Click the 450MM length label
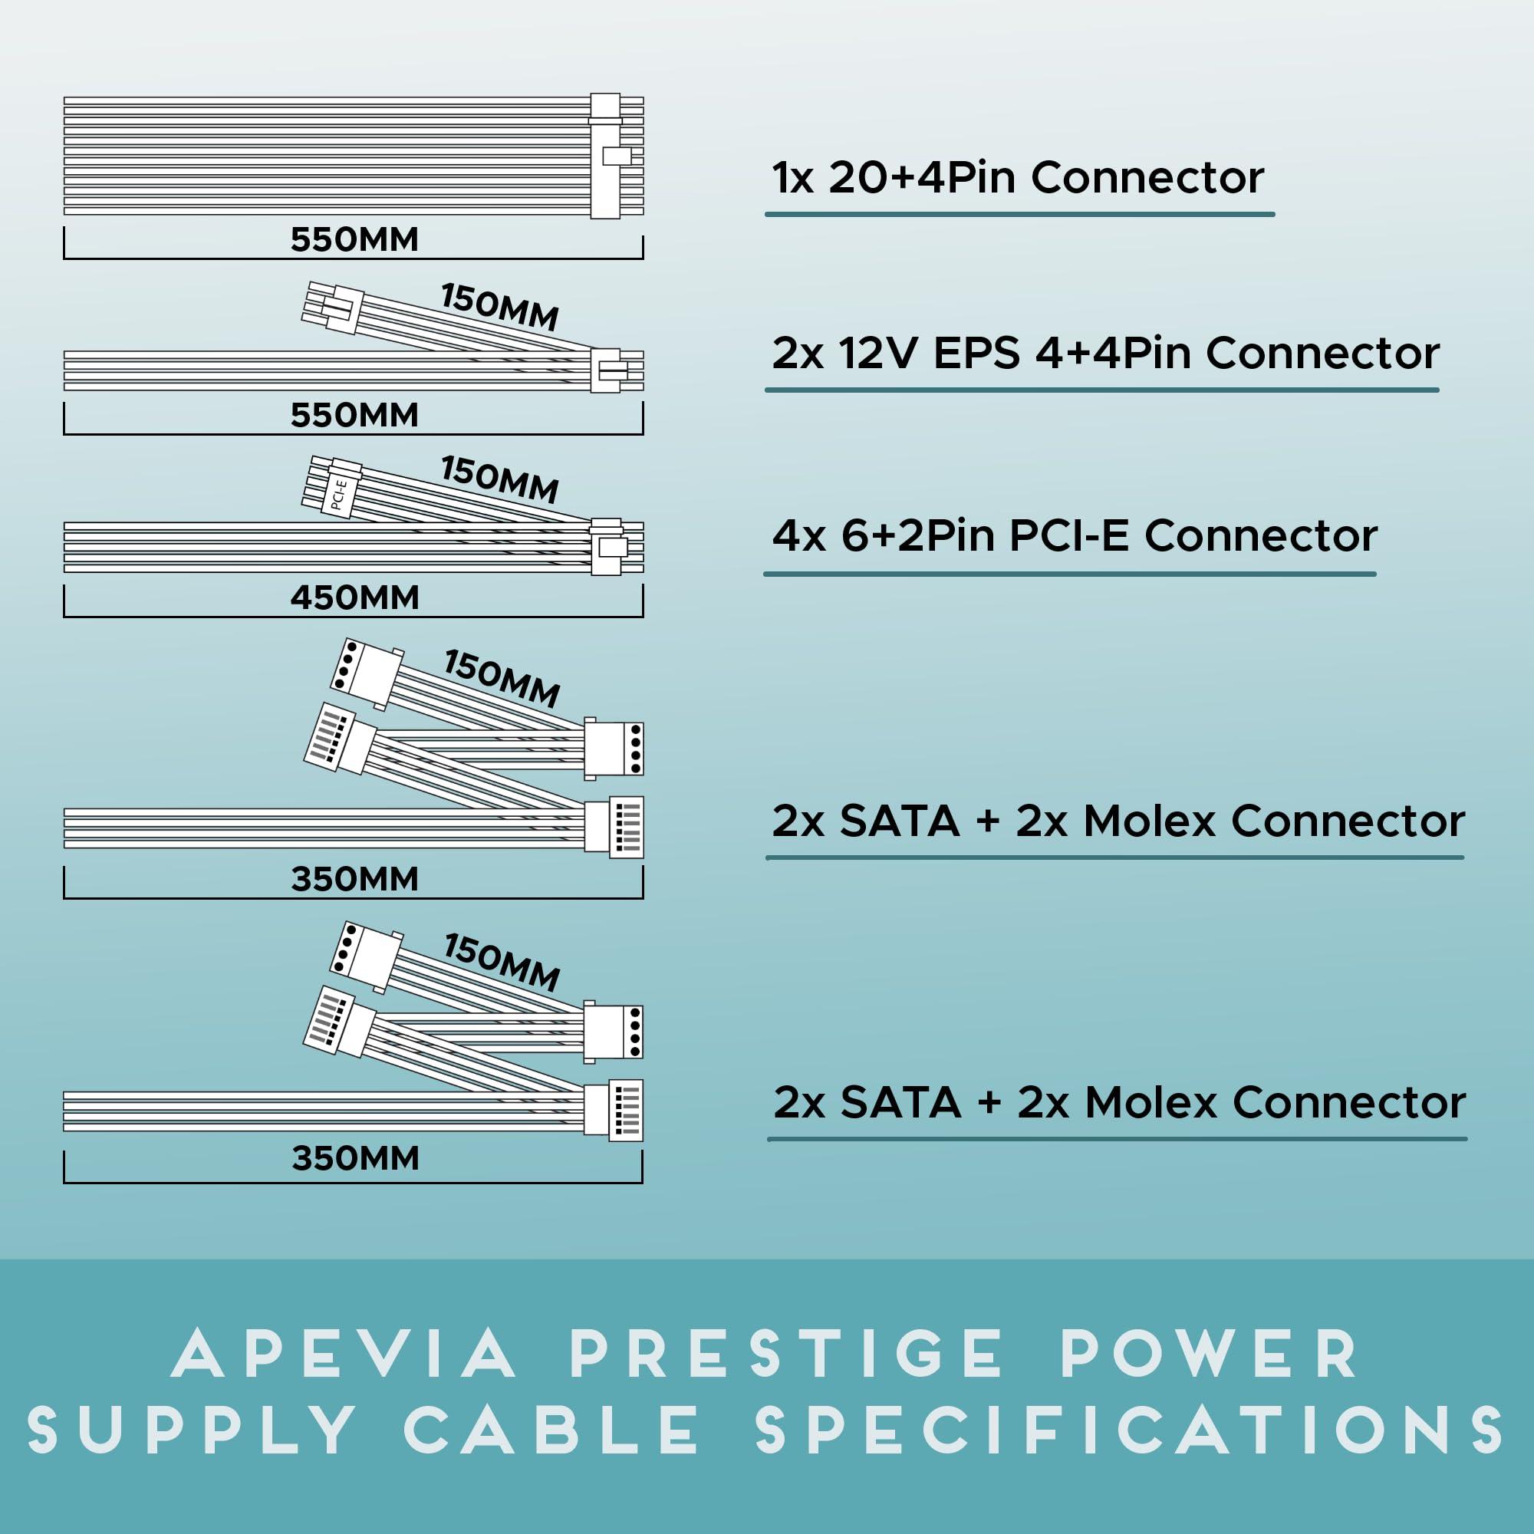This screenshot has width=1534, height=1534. click(354, 598)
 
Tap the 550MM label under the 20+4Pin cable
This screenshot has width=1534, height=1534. click(354, 240)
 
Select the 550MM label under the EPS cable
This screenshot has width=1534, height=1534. click(354, 415)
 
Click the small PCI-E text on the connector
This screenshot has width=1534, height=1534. click(338, 493)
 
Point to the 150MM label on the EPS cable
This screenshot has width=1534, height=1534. click(499, 308)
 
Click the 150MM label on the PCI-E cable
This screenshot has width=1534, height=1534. click(499, 479)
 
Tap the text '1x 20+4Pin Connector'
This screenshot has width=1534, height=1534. click(1018, 178)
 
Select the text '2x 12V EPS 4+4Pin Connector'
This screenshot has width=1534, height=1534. click(1105, 354)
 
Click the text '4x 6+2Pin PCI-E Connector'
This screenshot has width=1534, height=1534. click(1075, 536)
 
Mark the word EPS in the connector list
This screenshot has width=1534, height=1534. click(976, 354)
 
